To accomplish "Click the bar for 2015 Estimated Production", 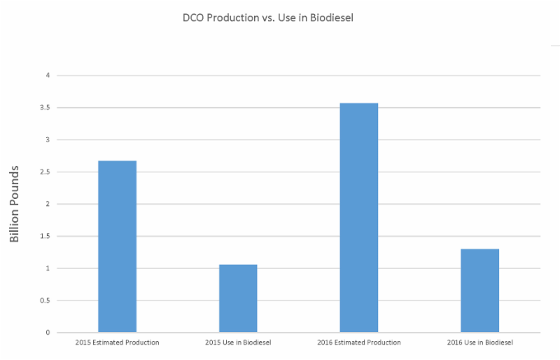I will (x=117, y=247).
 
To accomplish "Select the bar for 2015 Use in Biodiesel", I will (x=238, y=298).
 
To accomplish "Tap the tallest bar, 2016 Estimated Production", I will (x=359, y=218).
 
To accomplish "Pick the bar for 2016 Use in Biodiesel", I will (x=480, y=291).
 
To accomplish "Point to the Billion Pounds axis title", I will (x=15, y=204).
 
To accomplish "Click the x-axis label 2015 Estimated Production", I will (x=117, y=342).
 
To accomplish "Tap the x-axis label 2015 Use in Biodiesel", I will (x=238, y=342).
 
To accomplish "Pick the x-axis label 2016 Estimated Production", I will (x=359, y=342).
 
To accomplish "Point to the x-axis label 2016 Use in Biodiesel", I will (x=480, y=342).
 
